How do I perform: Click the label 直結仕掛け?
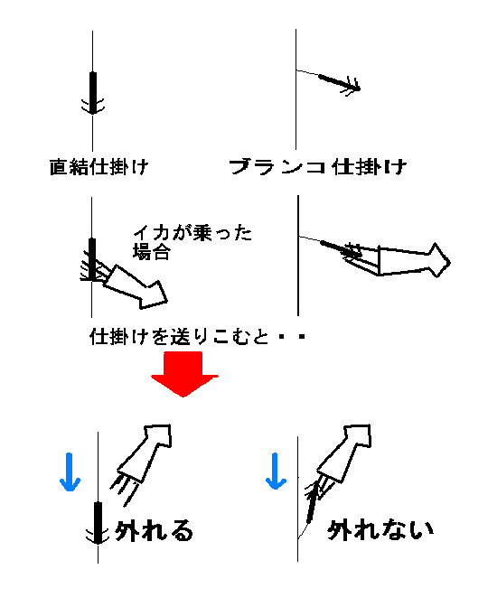[x=99, y=167]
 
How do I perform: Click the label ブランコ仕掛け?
[x=317, y=167]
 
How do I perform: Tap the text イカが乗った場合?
[x=192, y=242]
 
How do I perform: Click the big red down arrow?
[x=184, y=374]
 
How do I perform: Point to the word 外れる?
[x=155, y=530]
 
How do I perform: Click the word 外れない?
[x=380, y=529]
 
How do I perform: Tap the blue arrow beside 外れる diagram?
[x=70, y=472]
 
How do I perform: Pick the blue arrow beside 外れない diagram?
[x=276, y=472]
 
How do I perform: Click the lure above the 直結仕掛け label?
[x=92, y=93]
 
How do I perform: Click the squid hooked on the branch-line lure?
[x=395, y=259]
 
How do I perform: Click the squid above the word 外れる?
[x=142, y=462]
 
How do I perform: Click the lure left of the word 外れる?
[x=98, y=523]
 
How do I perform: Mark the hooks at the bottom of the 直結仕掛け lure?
[x=92, y=106]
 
